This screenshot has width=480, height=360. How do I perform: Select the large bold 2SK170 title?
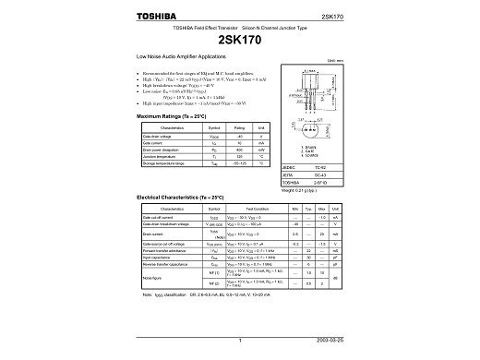point(240,42)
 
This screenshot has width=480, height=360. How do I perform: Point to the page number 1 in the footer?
point(240,342)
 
